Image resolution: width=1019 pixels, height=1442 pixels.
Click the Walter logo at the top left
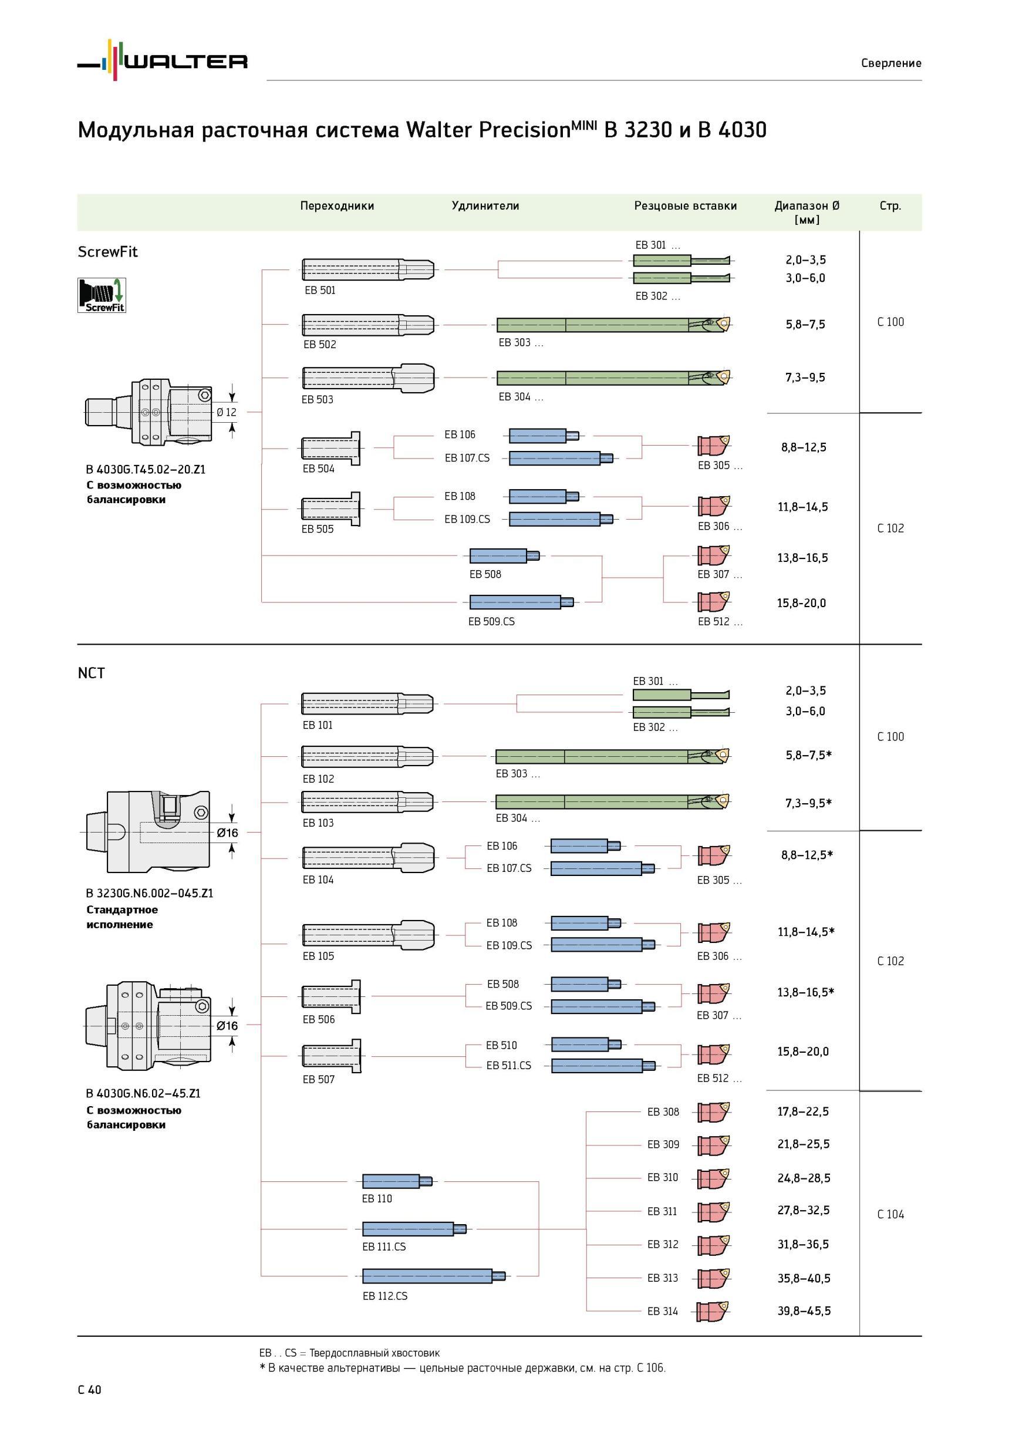click(x=163, y=60)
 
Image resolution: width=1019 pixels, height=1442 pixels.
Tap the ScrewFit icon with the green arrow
click(x=102, y=295)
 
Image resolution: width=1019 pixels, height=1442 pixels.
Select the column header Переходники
click(x=337, y=206)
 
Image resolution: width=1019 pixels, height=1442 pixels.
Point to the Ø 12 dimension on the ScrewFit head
click(x=227, y=412)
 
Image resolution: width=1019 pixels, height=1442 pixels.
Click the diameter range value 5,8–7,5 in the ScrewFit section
click(x=805, y=324)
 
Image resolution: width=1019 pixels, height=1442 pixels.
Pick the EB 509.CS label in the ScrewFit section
click(x=492, y=621)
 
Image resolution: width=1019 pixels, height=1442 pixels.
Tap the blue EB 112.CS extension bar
click(x=434, y=1276)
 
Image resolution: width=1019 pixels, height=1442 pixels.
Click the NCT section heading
click(x=91, y=673)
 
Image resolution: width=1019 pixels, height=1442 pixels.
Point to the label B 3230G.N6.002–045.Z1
click(x=150, y=893)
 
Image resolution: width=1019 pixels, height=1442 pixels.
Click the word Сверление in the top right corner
click(x=892, y=63)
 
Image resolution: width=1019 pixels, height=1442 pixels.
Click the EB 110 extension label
click(x=377, y=1198)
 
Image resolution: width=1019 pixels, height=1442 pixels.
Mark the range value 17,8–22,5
click(x=803, y=1111)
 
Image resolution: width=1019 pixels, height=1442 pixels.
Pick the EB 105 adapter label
click(x=318, y=956)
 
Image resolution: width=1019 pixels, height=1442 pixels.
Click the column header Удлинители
click(x=485, y=206)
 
